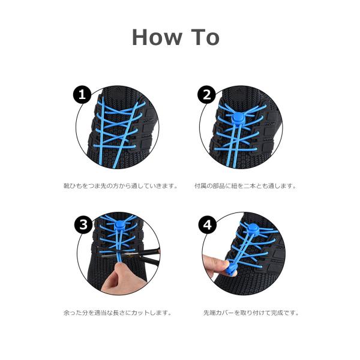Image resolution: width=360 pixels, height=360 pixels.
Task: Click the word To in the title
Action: click(x=205, y=37)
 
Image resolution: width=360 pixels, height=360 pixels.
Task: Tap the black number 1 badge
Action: click(x=82, y=94)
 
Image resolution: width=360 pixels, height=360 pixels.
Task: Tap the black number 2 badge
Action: click(x=206, y=94)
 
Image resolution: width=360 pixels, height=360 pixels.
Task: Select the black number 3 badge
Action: click(x=83, y=224)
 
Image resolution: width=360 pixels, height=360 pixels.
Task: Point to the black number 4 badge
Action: click(x=208, y=225)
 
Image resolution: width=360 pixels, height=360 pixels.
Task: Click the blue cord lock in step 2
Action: click(x=238, y=119)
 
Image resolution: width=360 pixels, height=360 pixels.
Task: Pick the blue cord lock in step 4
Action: click(x=253, y=229)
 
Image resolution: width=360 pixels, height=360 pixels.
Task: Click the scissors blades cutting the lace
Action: click(x=128, y=256)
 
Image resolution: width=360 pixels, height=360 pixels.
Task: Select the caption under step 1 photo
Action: click(x=121, y=186)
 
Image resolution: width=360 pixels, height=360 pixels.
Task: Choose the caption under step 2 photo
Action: click(x=245, y=186)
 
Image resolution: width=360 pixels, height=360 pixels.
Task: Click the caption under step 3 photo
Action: click(x=118, y=313)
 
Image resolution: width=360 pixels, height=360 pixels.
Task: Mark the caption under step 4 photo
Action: click(x=251, y=313)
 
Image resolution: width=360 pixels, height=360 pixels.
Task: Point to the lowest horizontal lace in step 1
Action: click(x=115, y=146)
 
